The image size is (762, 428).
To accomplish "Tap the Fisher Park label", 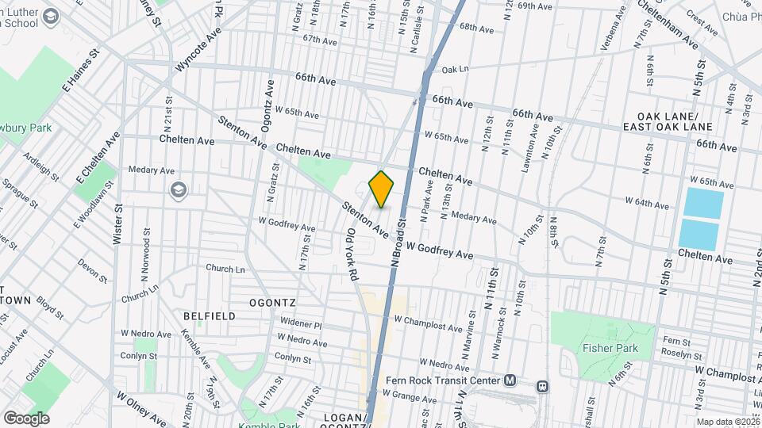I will coord(606,346).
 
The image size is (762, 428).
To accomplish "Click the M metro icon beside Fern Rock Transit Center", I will coord(510,380).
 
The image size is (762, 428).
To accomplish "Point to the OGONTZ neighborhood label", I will coord(272,303).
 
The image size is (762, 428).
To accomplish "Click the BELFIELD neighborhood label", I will coord(209,315).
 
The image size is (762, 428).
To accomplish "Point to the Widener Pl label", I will coord(301,324).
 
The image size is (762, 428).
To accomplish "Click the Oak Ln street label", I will coord(455,69).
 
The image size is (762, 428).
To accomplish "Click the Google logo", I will coord(26,418).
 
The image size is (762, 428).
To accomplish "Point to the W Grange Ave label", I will coord(410,394).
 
